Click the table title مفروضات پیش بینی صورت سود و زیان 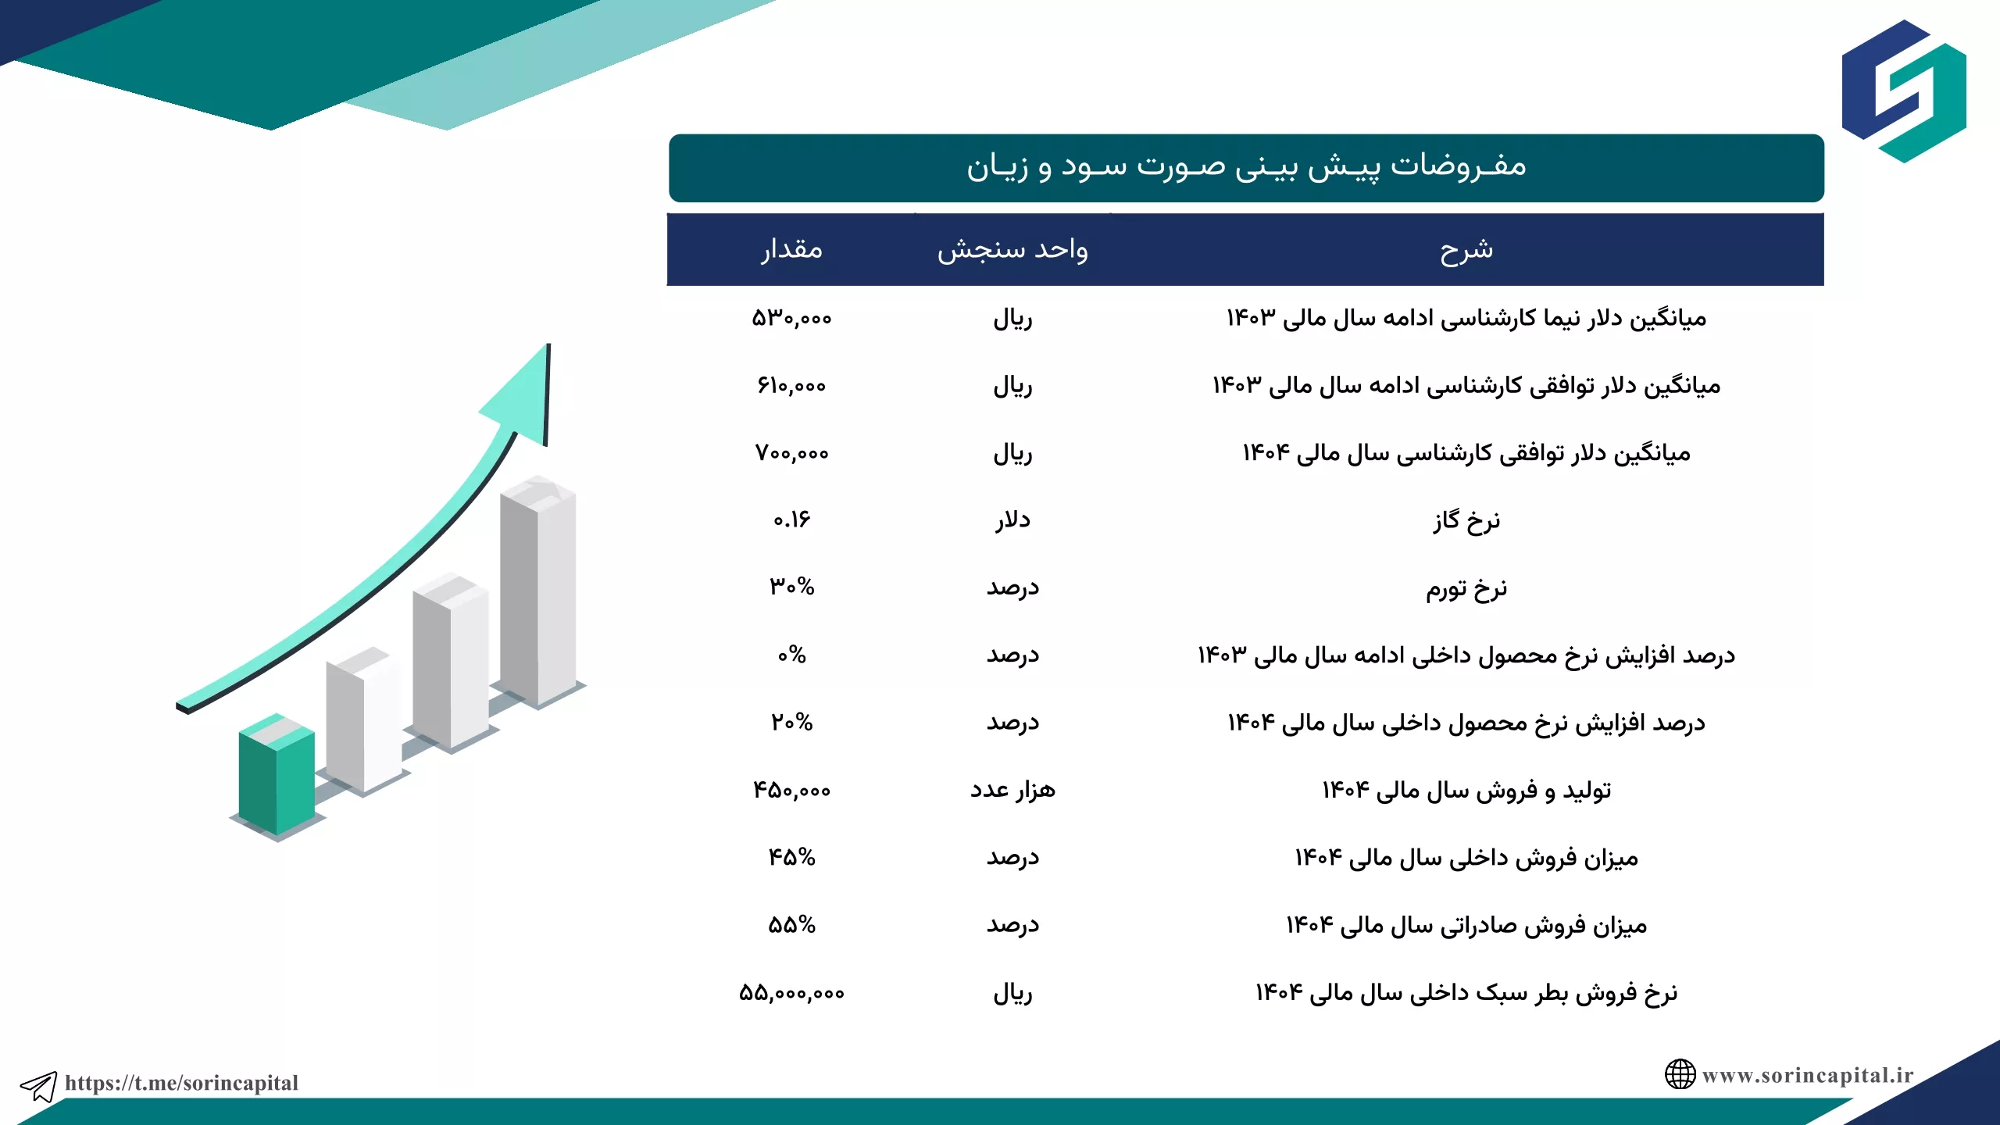pyautogui.click(x=1246, y=166)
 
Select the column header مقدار pyautogui.click(x=791, y=249)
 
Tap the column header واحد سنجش pyautogui.click(x=1012, y=250)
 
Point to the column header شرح pyautogui.click(x=1466, y=250)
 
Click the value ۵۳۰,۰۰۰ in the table pyautogui.click(x=791, y=318)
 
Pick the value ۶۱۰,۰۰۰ pyautogui.click(x=791, y=385)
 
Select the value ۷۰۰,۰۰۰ pyautogui.click(x=791, y=453)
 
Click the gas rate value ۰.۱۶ pyautogui.click(x=791, y=520)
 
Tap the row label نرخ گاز pyautogui.click(x=1466, y=520)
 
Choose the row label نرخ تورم pyautogui.click(x=1466, y=588)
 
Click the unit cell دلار pyautogui.click(x=1012, y=520)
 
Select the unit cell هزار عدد pyautogui.click(x=1012, y=790)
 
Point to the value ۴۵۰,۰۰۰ pyautogui.click(x=791, y=790)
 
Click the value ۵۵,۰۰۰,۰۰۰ pyautogui.click(x=791, y=993)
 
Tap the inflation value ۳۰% pyautogui.click(x=791, y=587)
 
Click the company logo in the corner pyautogui.click(x=1904, y=91)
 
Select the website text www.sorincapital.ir pyautogui.click(x=1808, y=1075)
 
